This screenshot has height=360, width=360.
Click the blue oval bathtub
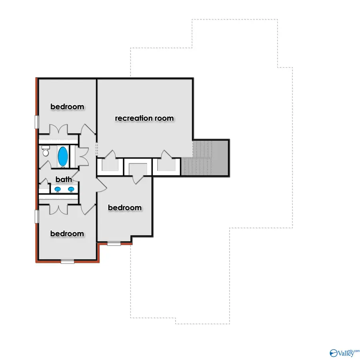(x=63, y=156)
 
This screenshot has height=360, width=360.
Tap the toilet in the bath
(x=45, y=152)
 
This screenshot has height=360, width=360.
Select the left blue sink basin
(x=58, y=189)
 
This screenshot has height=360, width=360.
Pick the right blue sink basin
(x=71, y=189)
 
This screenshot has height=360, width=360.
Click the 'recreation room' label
(x=144, y=118)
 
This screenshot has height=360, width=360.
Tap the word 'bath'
(x=64, y=180)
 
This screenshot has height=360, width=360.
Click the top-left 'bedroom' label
(x=67, y=106)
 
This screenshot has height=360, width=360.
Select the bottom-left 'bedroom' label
(x=67, y=234)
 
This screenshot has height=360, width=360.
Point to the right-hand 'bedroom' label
(x=125, y=208)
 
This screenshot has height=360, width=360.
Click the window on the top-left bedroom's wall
(x=36, y=122)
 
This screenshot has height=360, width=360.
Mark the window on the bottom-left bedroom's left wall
(x=36, y=217)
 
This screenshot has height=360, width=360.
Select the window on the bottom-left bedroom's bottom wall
(x=67, y=261)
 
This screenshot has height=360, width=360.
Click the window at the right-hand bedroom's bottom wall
(x=114, y=243)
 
